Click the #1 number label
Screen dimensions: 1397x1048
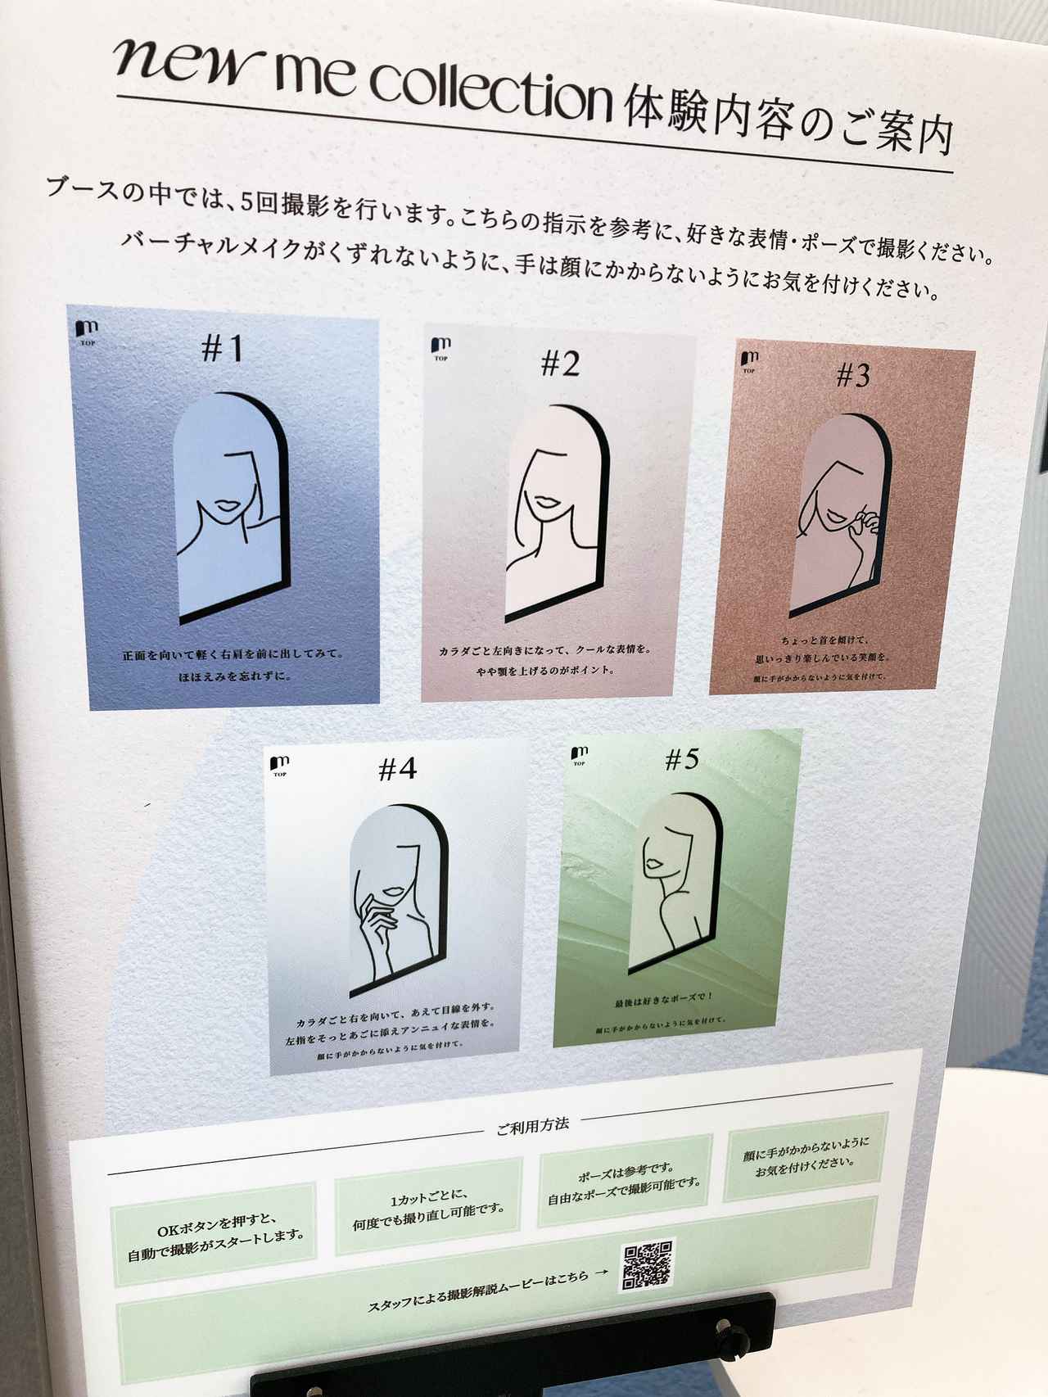tap(223, 349)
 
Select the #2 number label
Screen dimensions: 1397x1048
tap(561, 363)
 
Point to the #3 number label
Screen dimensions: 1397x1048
tap(853, 376)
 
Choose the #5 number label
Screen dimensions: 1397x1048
tap(681, 760)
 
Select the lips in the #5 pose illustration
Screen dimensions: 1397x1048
tap(653, 865)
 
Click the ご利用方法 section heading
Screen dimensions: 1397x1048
tap(532, 1125)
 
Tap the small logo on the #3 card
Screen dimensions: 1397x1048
tap(748, 361)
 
